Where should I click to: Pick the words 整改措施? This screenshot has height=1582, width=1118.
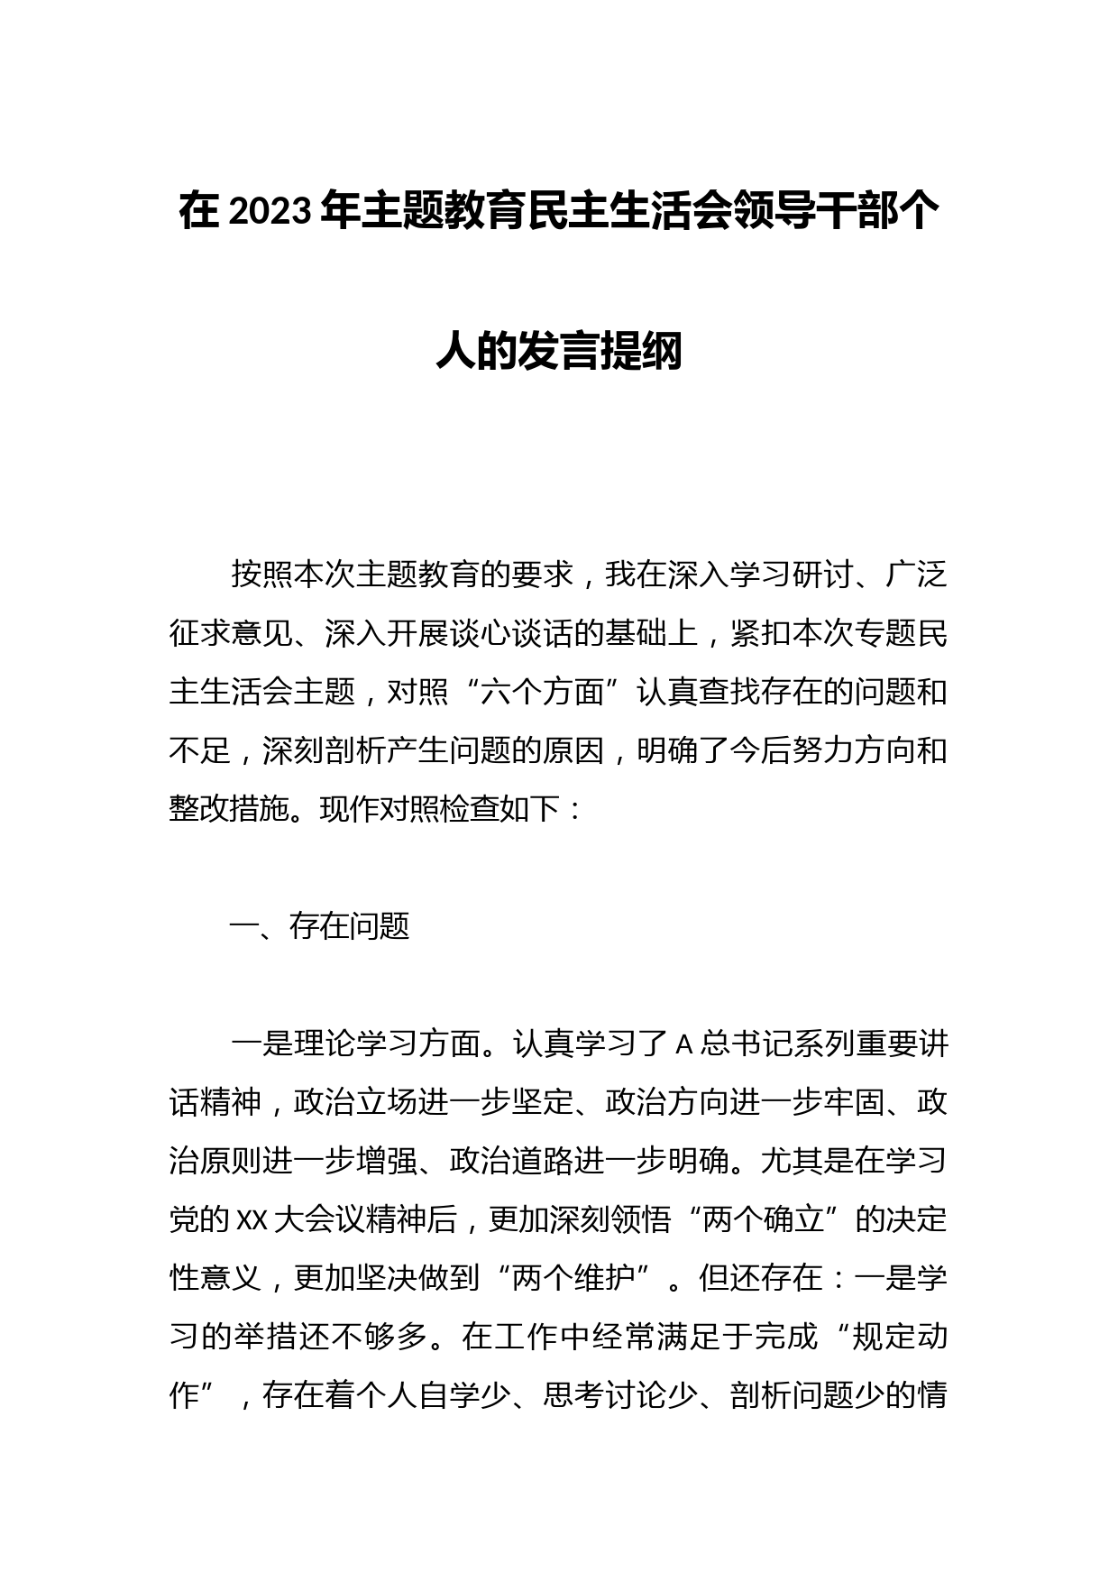[231, 808]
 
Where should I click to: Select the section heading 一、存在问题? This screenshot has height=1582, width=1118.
[320, 926]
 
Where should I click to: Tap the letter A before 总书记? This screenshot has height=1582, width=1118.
[683, 1044]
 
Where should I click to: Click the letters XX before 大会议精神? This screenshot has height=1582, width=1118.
[252, 1220]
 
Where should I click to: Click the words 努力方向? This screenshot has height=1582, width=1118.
[822, 750]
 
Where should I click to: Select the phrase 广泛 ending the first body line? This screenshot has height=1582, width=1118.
[916, 575]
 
